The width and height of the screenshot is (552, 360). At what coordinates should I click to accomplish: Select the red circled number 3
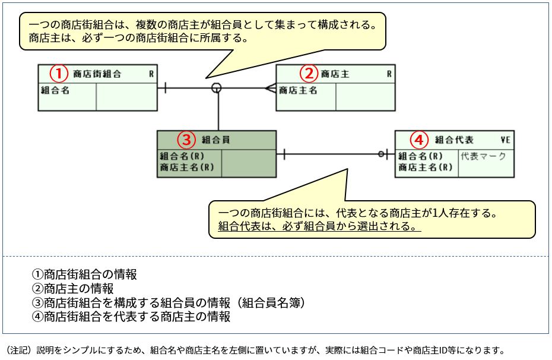tap(186, 140)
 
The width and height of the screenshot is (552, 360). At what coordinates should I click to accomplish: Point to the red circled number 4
tap(419, 140)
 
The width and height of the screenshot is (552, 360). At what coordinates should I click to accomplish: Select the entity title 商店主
tap(335, 74)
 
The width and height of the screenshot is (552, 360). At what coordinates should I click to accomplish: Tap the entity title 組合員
tap(216, 140)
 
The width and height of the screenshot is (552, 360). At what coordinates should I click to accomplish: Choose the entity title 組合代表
tap(454, 140)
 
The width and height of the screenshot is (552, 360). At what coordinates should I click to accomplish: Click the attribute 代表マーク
tap(483, 156)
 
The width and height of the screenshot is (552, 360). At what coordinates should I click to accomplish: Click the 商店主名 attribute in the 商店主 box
tap(298, 91)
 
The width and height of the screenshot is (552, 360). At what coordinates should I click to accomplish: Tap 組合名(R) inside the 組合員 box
tap(182, 156)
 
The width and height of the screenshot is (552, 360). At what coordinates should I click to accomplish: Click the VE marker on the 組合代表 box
tap(506, 140)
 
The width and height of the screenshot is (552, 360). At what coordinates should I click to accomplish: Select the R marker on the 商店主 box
tap(389, 74)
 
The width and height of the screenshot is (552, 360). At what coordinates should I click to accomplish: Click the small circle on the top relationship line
tap(217, 89)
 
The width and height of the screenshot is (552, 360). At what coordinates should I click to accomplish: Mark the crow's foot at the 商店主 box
tap(270, 89)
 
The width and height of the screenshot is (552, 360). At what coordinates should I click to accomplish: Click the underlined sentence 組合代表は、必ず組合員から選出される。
tap(319, 226)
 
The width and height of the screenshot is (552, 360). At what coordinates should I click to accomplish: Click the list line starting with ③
tap(168, 303)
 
